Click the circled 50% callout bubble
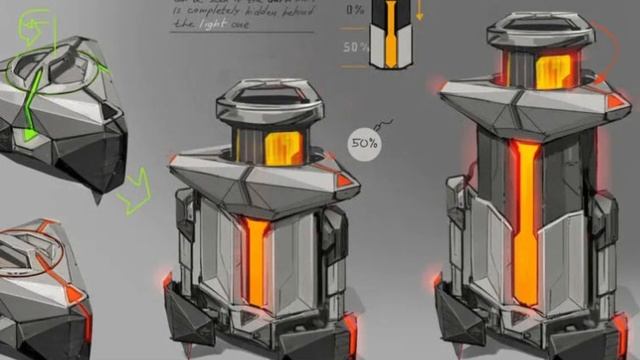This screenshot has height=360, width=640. coord(363,142)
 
